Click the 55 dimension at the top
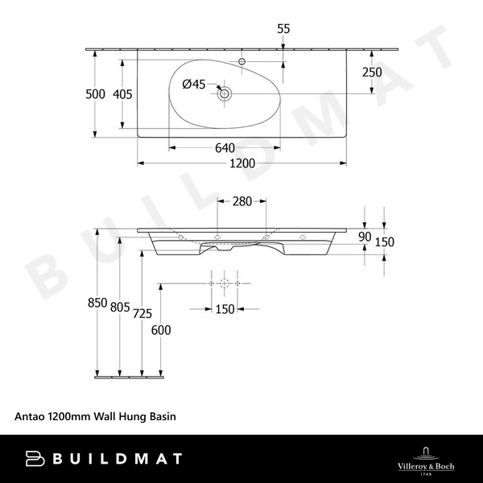point(283,28)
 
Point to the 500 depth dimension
point(96,94)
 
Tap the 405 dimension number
point(122,94)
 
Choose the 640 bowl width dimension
point(225,148)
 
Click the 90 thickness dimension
point(365,237)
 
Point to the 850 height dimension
point(97,303)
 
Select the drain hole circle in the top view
point(225,94)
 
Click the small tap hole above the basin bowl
point(242,61)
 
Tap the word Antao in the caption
point(30,417)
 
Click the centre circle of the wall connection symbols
point(225,284)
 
